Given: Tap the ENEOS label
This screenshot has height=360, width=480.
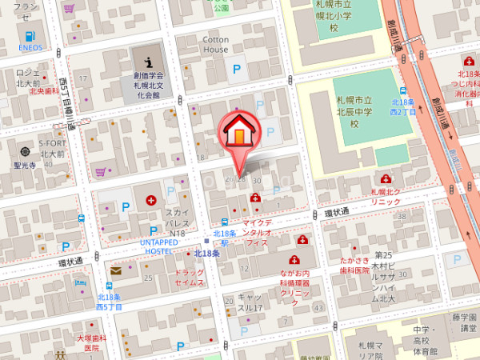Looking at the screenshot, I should click(30, 48).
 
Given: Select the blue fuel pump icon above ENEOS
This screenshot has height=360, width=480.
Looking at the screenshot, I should click(30, 36).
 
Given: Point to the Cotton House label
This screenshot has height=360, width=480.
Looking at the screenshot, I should click(215, 44).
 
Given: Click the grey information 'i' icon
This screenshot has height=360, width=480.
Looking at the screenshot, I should click(148, 61).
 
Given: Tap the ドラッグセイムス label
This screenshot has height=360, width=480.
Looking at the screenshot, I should click(190, 278).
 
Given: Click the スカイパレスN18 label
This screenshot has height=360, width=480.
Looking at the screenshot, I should click(176, 222).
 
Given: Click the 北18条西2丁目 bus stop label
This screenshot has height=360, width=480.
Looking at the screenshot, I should click(403, 106).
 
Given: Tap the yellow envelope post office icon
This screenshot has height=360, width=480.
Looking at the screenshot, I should click(115, 270).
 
